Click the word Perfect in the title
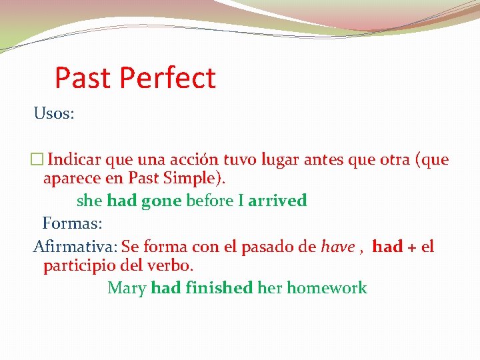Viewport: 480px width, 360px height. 167,78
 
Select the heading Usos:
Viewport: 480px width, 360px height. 54,113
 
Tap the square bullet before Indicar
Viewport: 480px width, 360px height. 37,160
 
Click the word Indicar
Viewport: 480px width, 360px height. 75,160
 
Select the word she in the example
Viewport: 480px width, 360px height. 90,201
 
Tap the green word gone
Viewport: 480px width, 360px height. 161,201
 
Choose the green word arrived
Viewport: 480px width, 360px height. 277,201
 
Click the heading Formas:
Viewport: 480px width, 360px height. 72,222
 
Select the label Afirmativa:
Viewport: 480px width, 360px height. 75,247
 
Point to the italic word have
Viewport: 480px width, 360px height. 337,247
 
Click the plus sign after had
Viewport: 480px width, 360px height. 412,247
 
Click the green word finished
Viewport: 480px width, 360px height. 219,288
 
